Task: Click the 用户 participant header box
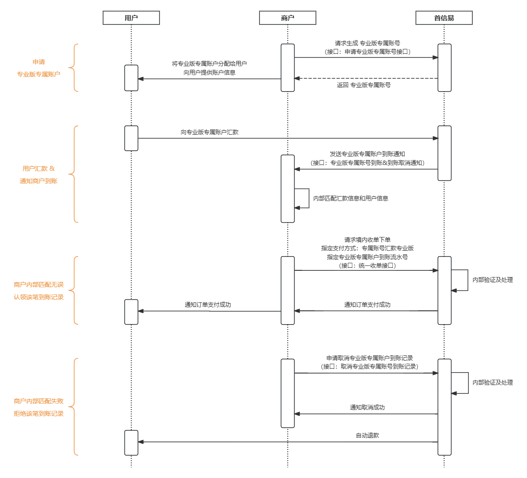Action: coord(131,18)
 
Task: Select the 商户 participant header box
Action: coord(287,18)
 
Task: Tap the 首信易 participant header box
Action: coord(444,18)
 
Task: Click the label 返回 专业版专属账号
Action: coord(363,85)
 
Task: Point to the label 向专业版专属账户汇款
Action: coord(209,132)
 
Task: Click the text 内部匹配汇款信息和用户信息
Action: coord(351,198)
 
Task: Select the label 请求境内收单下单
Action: coord(367,240)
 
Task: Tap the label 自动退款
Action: coord(367,435)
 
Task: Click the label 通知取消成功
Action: coord(367,407)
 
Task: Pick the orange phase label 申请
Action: coord(39,62)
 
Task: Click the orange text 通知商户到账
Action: coord(39,181)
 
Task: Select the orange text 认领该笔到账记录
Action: coord(39,297)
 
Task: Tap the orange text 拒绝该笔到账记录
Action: coord(39,414)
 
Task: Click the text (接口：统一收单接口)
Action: coord(367,265)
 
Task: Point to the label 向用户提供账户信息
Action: coord(209,72)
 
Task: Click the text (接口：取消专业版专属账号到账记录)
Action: coord(369,366)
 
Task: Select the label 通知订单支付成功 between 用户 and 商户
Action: coord(208,305)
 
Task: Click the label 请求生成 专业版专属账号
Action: coord(367,43)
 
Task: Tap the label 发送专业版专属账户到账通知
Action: coord(367,154)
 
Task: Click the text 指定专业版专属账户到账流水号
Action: coord(367,257)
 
